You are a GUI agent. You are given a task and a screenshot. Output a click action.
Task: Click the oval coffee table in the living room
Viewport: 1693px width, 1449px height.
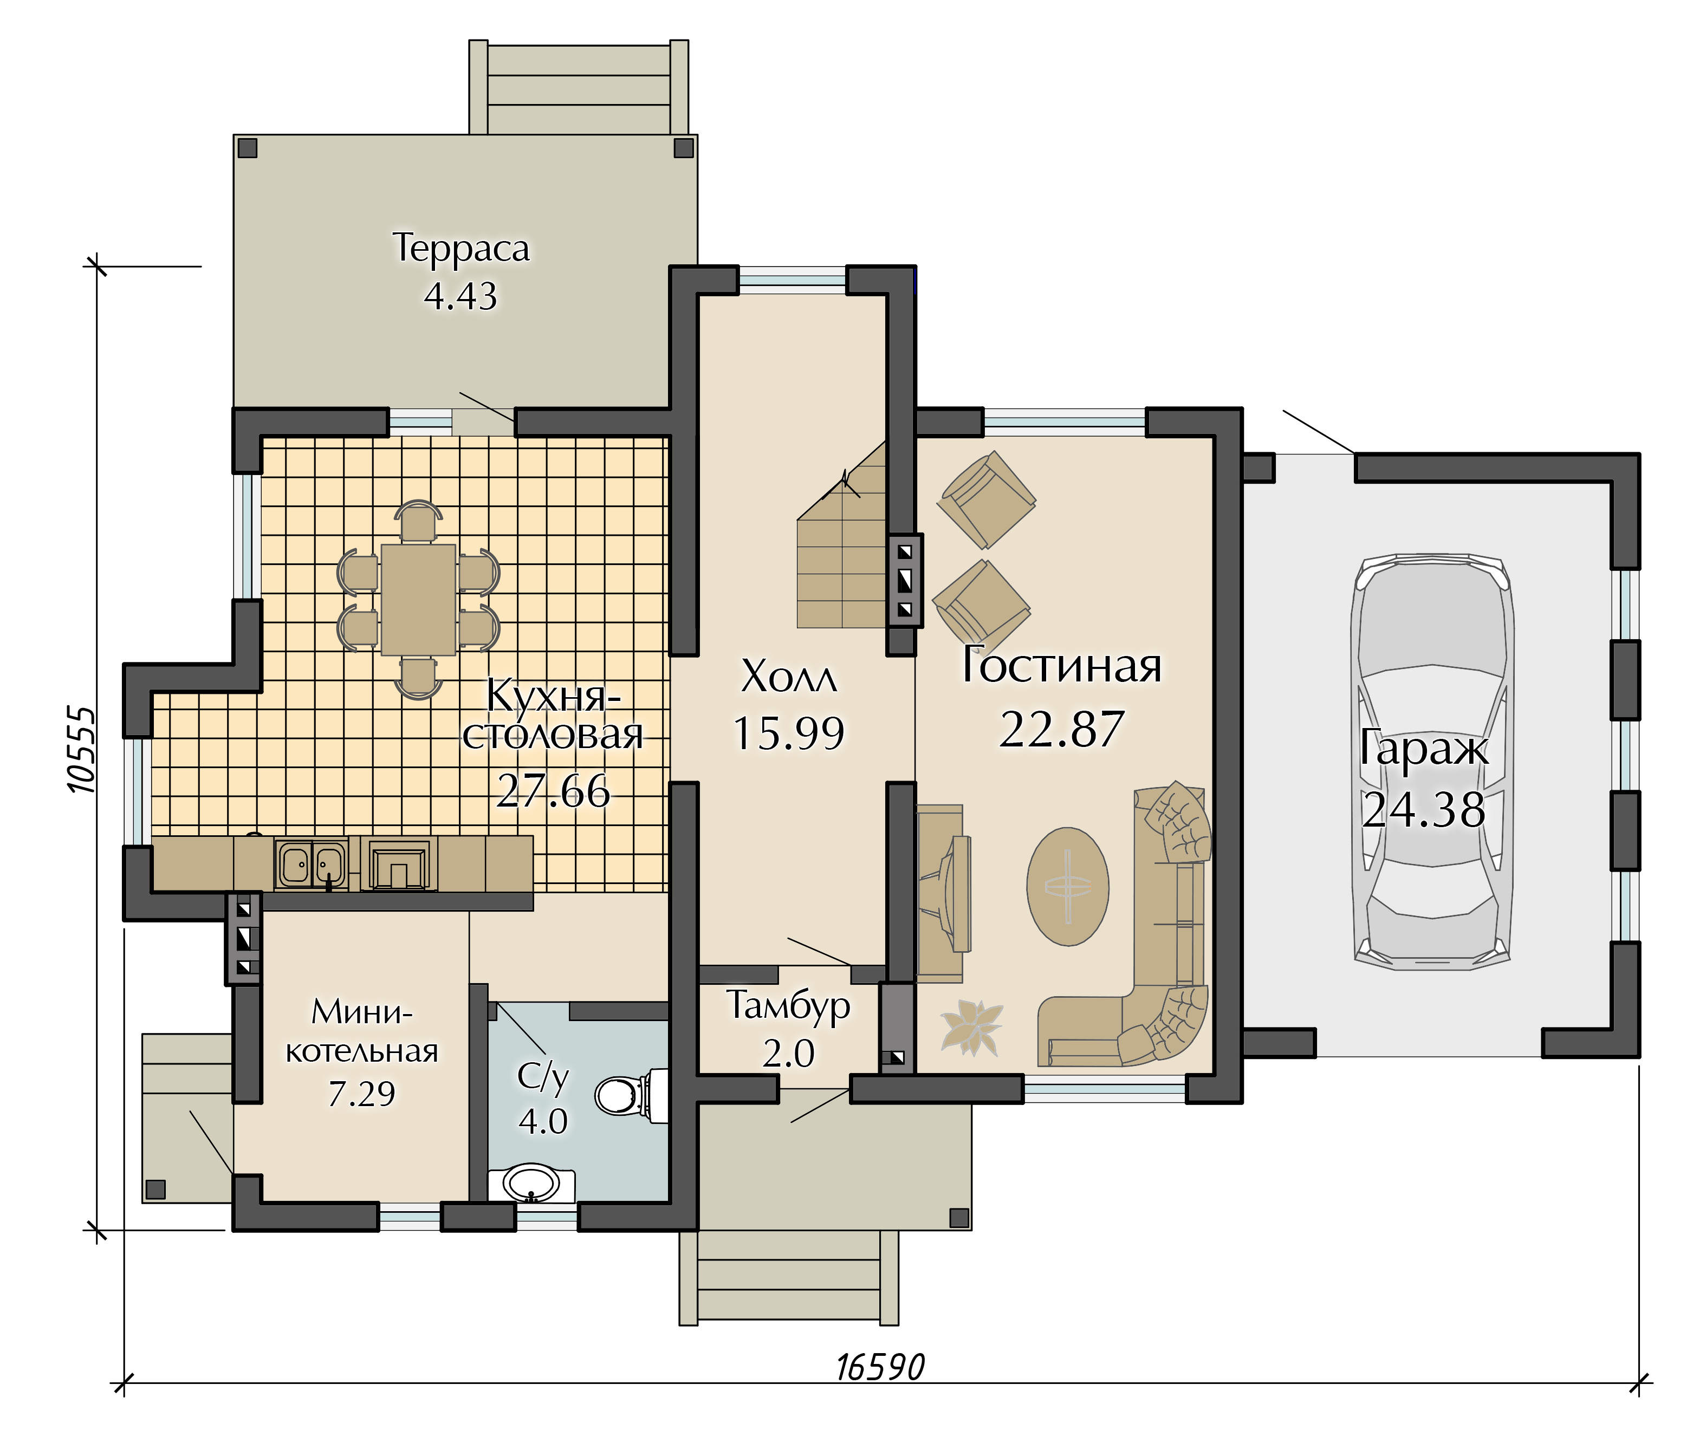tap(1067, 886)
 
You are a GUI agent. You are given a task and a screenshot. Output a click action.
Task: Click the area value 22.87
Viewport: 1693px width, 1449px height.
tap(1061, 730)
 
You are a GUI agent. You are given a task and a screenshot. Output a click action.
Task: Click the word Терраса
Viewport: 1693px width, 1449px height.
tap(461, 248)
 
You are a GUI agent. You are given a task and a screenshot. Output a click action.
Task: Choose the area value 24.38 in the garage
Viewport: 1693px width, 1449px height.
tap(1423, 811)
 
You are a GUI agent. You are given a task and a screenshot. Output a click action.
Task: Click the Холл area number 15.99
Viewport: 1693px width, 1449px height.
tap(788, 733)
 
